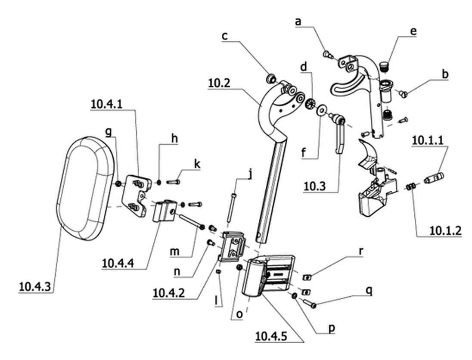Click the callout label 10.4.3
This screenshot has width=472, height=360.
tap(34, 286)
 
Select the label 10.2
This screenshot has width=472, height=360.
tap(219, 83)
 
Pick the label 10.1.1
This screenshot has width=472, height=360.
tap(428, 140)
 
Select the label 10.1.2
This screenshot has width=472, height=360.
tap(445, 231)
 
